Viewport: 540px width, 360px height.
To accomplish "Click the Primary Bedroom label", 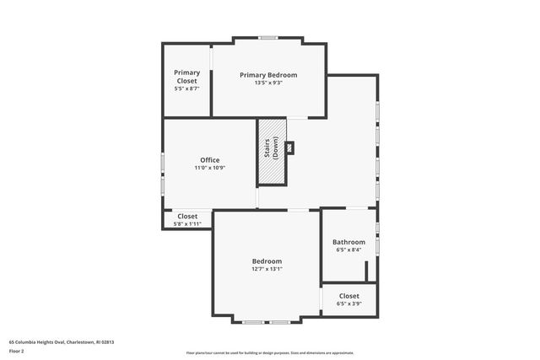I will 268,74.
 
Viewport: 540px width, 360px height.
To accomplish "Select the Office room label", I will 209,159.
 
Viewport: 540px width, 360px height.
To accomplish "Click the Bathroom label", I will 348,241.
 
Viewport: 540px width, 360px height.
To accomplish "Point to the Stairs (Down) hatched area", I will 272,152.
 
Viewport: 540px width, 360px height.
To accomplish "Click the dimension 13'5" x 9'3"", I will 268,83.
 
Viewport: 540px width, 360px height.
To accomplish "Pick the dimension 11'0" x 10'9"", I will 209,168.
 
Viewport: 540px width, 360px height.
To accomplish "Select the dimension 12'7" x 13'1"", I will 267,269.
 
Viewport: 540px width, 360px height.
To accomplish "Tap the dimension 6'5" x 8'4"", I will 348,250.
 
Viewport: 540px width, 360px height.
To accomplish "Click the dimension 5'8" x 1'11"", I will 187,224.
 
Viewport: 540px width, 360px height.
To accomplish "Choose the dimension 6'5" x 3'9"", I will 348,304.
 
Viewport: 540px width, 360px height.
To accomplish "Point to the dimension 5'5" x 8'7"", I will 186,89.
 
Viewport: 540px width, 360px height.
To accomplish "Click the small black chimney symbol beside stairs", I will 291,148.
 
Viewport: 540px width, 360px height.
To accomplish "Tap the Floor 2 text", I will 17,350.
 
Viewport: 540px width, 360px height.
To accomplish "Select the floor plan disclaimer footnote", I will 269,352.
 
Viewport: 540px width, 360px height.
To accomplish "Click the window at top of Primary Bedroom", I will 268,37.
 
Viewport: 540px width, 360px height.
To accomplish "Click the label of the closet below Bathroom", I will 348,296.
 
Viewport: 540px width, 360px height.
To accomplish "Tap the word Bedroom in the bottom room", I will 267,261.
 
